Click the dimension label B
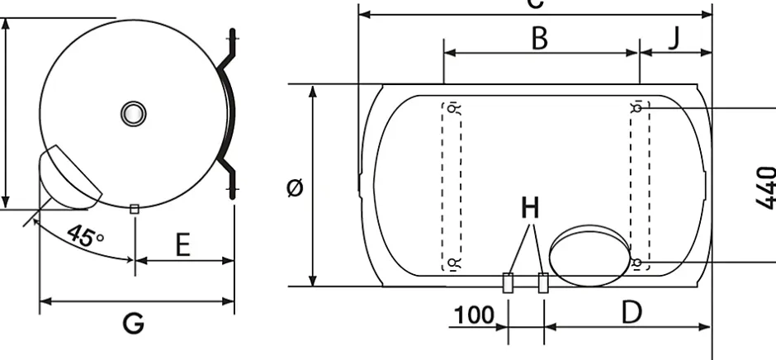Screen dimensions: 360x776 pos(540,38)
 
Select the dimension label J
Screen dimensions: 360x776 pos(674,38)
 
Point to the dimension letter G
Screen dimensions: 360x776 pos(134,323)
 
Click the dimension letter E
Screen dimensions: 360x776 pos(182,245)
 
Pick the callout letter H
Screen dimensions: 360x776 pos(529,208)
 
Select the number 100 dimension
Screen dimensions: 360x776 pos(474,315)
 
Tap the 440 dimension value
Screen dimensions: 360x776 pos(765,187)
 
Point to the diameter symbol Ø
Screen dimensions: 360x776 pos(294,187)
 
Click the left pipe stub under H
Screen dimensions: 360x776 pos(509,282)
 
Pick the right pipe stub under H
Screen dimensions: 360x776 pos(543,282)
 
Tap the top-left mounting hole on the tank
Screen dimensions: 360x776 pos(452,107)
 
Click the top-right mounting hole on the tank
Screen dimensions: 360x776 pos(637,107)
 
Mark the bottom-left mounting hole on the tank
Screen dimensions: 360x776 pos(452,263)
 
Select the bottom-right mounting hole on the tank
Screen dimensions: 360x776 pos(637,263)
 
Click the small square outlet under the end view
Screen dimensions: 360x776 pos(134,209)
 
